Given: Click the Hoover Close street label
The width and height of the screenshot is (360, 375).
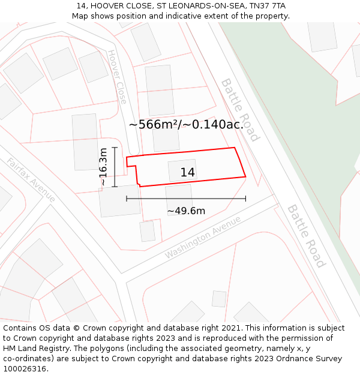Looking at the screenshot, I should pyautogui.click(x=117, y=77).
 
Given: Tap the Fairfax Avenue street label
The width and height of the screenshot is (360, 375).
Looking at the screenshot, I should pyautogui.click(x=31, y=180).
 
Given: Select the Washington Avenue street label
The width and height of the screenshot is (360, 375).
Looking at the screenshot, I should pyautogui.click(x=202, y=237).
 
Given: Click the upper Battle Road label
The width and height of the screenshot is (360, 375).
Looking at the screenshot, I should pyautogui.click(x=240, y=109).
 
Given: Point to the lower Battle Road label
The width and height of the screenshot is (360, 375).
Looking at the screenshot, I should pyautogui.click(x=306, y=236).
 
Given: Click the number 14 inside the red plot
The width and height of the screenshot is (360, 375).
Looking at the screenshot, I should pyautogui.click(x=188, y=173).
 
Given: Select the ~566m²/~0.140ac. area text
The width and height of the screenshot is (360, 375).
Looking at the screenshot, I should pyautogui.click(x=186, y=125).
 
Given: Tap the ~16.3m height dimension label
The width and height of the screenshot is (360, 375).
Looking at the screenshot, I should pyautogui.click(x=103, y=167).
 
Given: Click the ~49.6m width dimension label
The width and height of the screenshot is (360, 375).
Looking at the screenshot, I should pyautogui.click(x=186, y=211).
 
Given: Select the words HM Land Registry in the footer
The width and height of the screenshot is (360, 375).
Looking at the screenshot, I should pyautogui.click(x=33, y=349).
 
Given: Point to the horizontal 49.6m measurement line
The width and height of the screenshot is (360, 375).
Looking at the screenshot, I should pyautogui.click(x=186, y=199).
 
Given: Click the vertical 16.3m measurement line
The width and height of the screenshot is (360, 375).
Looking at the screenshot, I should pyautogui.click(x=114, y=167).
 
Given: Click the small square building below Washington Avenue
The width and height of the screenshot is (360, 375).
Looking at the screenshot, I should pyautogui.click(x=219, y=299).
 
